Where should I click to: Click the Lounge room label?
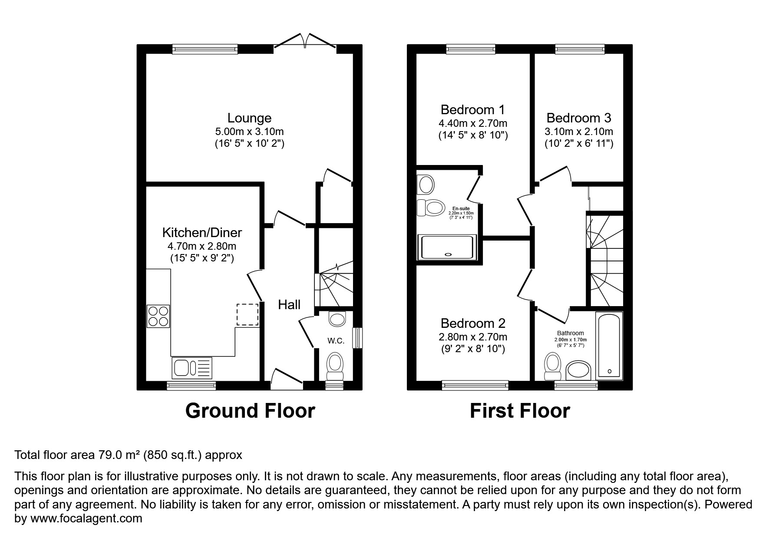249,118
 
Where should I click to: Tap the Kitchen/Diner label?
202,233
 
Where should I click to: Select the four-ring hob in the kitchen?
158,316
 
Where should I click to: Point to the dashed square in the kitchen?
248,315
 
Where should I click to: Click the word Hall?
289,305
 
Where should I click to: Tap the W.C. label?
336,341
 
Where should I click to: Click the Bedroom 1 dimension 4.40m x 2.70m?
473,124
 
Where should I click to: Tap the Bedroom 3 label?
579,118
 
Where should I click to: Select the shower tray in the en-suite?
447,248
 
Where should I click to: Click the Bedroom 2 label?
473,323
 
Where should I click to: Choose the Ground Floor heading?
250,411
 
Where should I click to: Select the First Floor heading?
520,411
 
